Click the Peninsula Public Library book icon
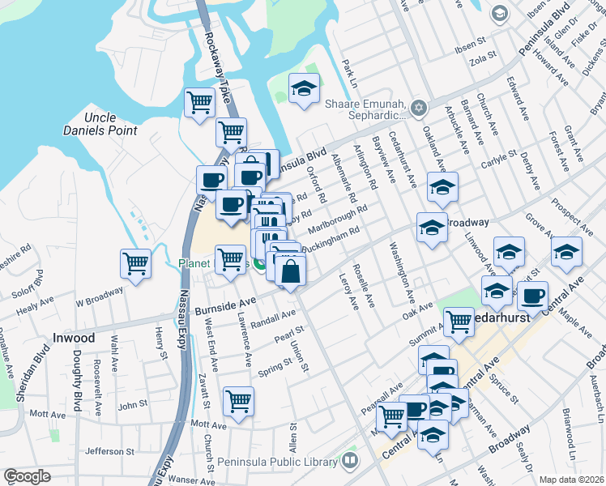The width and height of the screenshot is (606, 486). pos(350,461)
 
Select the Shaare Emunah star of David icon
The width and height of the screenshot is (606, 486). pos(419,108)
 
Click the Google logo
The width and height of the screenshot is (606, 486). pos(28,476)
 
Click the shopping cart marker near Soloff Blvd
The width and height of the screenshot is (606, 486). pos(135,263)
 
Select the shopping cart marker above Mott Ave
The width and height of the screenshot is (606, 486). pos(238,401)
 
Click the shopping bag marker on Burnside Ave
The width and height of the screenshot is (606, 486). pos(290,271)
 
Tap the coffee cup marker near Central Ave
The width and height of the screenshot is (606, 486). pos(532,296)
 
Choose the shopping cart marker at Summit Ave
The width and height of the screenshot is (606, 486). pos(459,322)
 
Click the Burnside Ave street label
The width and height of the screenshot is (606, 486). pos(224,306)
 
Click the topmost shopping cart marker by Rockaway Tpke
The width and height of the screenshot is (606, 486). pos(198,103)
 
